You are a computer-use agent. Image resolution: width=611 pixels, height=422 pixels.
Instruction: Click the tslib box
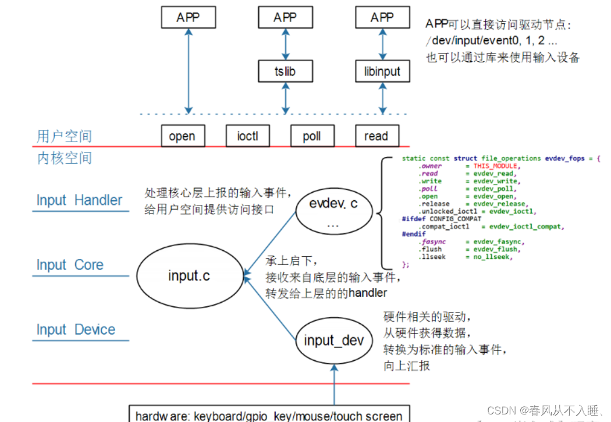tap(285, 72)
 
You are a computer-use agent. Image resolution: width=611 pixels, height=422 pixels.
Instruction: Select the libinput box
tap(382, 72)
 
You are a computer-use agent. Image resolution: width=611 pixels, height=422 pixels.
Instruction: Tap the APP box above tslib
tap(285, 17)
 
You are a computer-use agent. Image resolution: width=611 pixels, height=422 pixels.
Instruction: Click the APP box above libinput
tap(382, 17)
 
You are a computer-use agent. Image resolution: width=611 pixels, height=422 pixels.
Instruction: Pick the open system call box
tap(182, 136)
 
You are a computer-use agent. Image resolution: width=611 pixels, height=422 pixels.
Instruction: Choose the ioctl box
tap(247, 136)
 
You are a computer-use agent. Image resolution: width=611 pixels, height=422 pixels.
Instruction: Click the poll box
tap(312, 136)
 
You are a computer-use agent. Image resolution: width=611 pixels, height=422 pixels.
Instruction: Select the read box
tap(376, 136)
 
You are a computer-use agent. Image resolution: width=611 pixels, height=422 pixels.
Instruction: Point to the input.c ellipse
tap(189, 275)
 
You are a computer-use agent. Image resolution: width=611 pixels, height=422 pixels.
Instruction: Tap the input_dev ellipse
tap(334, 341)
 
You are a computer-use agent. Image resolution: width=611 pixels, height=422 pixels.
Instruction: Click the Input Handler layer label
tap(79, 200)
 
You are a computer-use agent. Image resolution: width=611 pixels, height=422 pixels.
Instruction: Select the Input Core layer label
tap(70, 265)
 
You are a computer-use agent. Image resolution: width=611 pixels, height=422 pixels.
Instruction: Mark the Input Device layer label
tap(76, 329)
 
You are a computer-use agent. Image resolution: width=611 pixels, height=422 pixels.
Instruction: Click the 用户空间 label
tap(64, 137)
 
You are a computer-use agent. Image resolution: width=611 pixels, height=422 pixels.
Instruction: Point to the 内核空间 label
tap(64, 158)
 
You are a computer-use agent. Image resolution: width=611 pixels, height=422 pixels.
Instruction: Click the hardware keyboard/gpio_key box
tap(268, 416)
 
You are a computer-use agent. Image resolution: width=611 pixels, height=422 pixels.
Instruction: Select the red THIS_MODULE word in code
tap(495, 166)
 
